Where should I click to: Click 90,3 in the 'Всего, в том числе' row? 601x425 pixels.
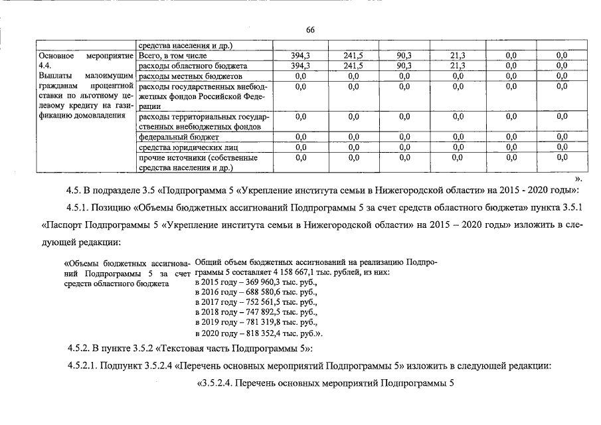[404, 56]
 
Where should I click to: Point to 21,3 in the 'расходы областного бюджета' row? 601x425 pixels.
[458, 66]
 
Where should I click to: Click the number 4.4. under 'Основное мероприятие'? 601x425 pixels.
[46, 66]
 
